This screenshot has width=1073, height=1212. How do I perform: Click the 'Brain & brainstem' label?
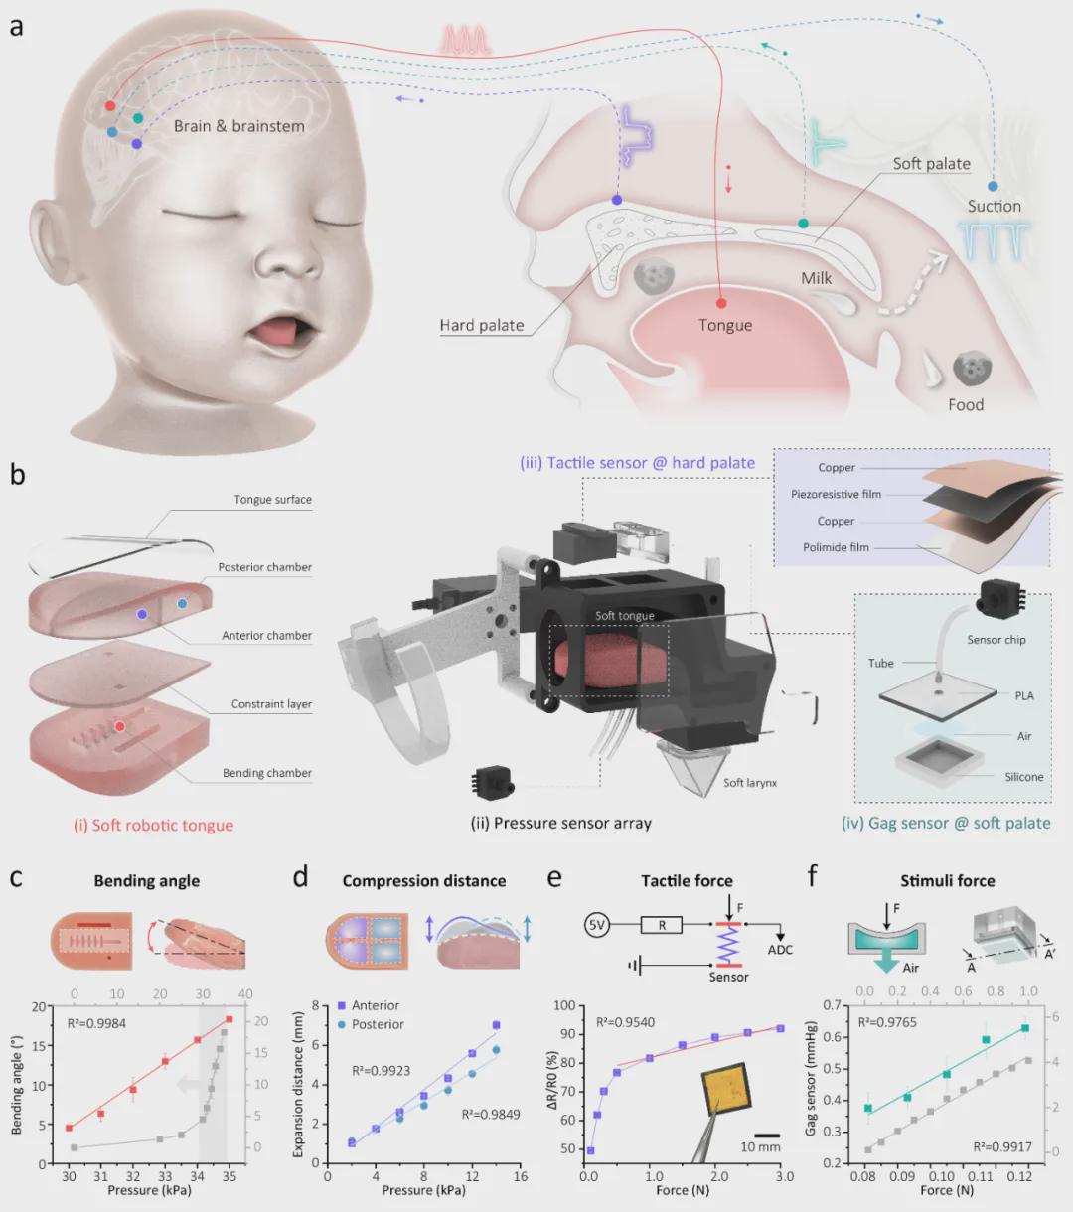pyautogui.click(x=238, y=126)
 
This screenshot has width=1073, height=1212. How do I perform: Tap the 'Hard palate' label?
pyautogui.click(x=482, y=325)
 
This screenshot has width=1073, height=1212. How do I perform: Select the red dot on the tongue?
pyautogui.click(x=722, y=303)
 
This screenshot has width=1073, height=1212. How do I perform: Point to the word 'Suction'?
pyautogui.click(x=995, y=206)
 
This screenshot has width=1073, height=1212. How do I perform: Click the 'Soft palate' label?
pyautogui.click(x=931, y=164)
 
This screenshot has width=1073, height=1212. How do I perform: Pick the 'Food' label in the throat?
pyautogui.click(x=966, y=404)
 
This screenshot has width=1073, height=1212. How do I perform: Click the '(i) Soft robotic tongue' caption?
pyautogui.click(x=153, y=825)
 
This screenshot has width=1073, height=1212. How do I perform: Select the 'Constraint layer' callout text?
pyautogui.click(x=271, y=704)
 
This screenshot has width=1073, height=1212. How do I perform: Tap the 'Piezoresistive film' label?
pyautogui.click(x=836, y=494)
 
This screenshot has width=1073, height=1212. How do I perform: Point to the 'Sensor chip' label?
pyautogui.click(x=996, y=640)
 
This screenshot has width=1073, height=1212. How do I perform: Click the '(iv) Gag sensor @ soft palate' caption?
pyautogui.click(x=946, y=823)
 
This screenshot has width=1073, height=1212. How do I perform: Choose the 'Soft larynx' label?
pyautogui.click(x=750, y=783)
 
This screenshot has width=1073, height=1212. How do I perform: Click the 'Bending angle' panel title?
pyautogui.click(x=146, y=881)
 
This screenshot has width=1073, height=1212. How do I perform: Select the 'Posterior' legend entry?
pyautogui.click(x=378, y=1024)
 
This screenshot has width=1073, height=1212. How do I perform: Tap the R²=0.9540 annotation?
pyautogui.click(x=625, y=1022)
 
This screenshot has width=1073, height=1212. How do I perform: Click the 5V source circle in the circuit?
pyautogui.click(x=596, y=925)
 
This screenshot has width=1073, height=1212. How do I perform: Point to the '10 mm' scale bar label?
pyautogui.click(x=760, y=1147)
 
